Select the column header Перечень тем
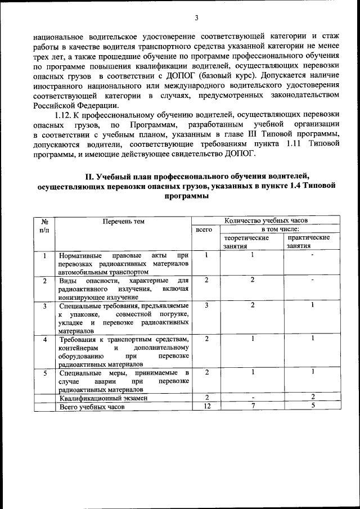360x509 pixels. coord(123,221)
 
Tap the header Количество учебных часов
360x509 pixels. coord(266,220)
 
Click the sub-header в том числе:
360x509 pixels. coord(280,229)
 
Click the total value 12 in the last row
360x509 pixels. coord(206,407)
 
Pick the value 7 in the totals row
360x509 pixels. coord(253,407)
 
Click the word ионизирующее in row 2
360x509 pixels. coord(79,296)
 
